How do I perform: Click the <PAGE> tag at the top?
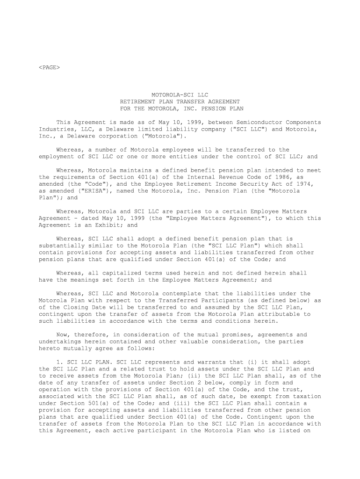pos(49,67)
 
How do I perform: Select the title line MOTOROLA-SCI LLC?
pos(180,95)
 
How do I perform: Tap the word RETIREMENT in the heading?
pos(137,102)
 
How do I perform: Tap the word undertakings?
pos(60,341)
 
